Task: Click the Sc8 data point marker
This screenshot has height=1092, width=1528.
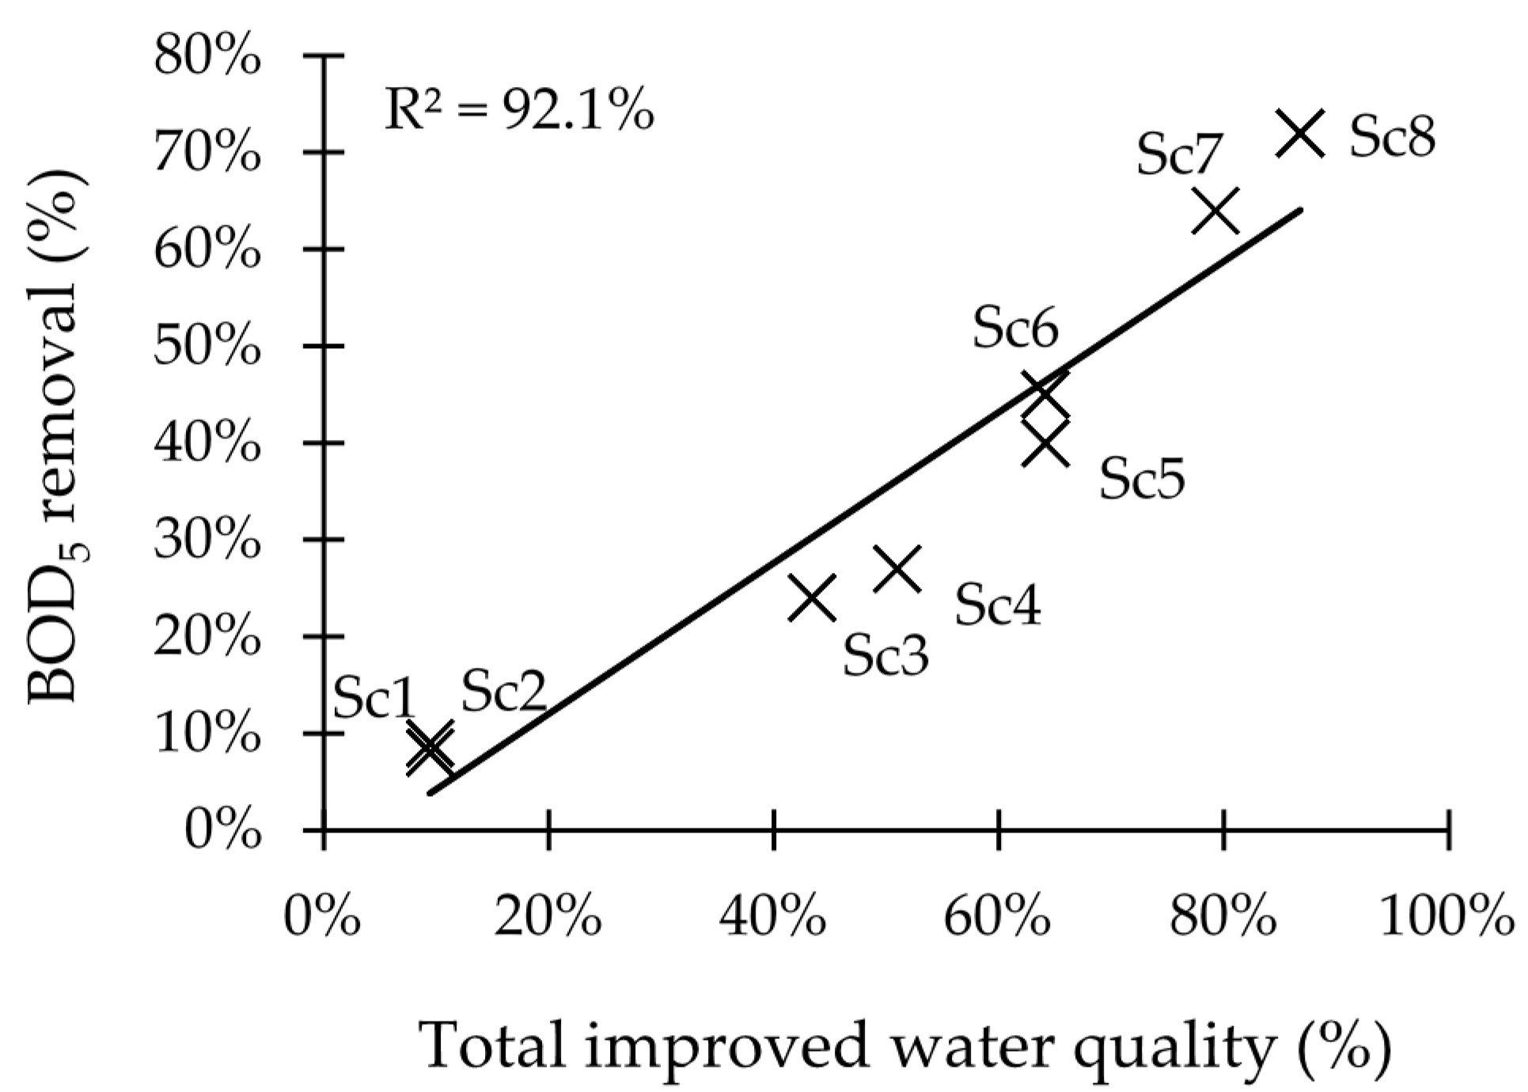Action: [x=1299, y=134]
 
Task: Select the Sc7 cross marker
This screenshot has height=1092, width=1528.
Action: [x=1215, y=211]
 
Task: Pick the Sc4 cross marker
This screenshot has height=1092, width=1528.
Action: [x=897, y=568]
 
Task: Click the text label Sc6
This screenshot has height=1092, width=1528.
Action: [x=1015, y=328]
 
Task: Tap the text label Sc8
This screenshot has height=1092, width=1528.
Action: [x=1392, y=137]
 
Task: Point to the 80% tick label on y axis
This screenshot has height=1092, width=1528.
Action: [x=207, y=57]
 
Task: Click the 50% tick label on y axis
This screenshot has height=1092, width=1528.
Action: [x=207, y=347]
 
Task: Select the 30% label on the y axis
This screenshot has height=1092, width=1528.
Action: [x=207, y=540]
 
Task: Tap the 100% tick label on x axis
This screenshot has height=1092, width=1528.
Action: [x=1447, y=918]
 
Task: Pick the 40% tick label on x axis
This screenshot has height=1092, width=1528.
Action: [x=773, y=918]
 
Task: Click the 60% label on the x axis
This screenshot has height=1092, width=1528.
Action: [x=999, y=918]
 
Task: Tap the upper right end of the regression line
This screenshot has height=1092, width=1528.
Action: [x=1300, y=210]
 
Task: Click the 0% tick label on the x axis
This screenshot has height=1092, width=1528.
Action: [x=323, y=918]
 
